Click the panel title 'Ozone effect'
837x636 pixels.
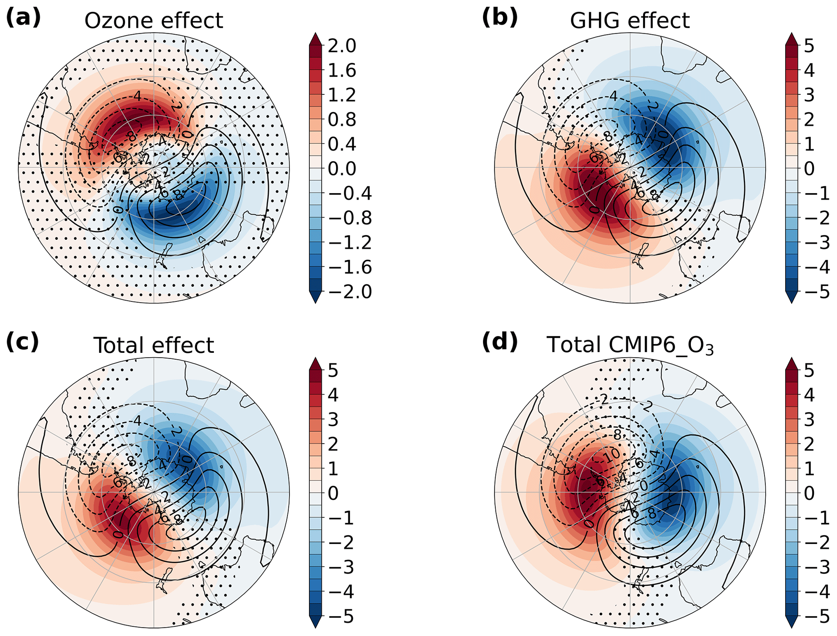coord(153,20)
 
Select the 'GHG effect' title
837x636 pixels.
coord(630,20)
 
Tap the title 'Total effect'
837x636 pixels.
coord(153,345)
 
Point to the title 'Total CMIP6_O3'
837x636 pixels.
coord(630,345)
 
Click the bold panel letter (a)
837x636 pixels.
coord(23,18)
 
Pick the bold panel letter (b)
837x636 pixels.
coord(500,18)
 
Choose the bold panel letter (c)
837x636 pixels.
coord(23,342)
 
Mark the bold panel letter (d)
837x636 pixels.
coord(500,342)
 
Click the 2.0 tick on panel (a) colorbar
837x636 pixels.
coord(342,46)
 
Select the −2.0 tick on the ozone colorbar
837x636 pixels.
coord(350,292)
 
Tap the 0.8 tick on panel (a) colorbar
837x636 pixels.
coord(342,120)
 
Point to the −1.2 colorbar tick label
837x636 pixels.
coord(350,243)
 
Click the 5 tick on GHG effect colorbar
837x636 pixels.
coord(809,46)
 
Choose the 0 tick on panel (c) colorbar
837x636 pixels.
coord(333,493)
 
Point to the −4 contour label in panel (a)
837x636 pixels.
coord(137,96)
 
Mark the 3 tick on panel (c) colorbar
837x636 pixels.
coord(333,420)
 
